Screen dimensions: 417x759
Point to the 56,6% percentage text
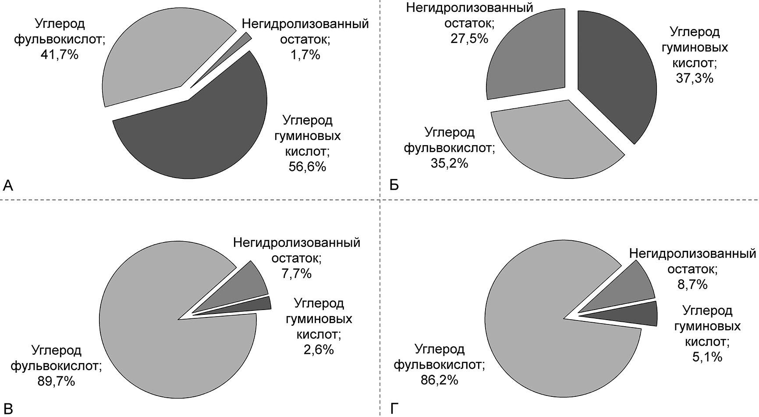tap(307, 167)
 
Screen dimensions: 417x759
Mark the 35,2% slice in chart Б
tap(557, 140)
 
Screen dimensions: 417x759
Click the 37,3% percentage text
tap(695, 78)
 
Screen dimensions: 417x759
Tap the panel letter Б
tap(394, 186)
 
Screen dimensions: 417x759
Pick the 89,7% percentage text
tap(56, 381)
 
